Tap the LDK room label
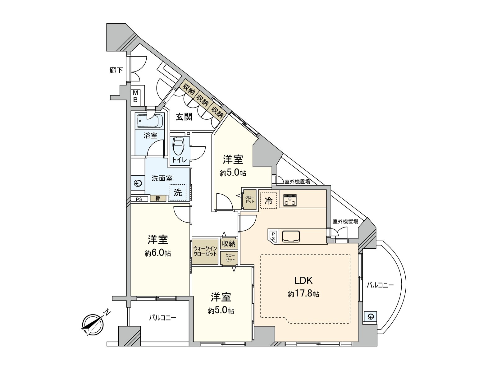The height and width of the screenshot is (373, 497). (x=303, y=280)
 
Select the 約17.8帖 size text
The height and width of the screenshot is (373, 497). (x=303, y=294)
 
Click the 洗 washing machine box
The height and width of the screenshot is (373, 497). (x=178, y=192)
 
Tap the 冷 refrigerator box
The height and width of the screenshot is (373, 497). (x=268, y=201)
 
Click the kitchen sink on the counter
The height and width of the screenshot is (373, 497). (x=291, y=237)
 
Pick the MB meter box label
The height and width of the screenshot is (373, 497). (x=135, y=96)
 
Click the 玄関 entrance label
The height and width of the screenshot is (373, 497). (x=184, y=117)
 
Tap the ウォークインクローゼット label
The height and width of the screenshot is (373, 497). (x=205, y=251)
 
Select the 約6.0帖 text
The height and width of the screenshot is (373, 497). (x=157, y=253)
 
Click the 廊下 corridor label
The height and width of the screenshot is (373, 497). (x=116, y=70)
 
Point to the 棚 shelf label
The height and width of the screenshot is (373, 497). (x=158, y=198)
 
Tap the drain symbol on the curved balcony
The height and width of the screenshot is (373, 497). (x=370, y=317)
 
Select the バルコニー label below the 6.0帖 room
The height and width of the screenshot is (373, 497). (x=162, y=318)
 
